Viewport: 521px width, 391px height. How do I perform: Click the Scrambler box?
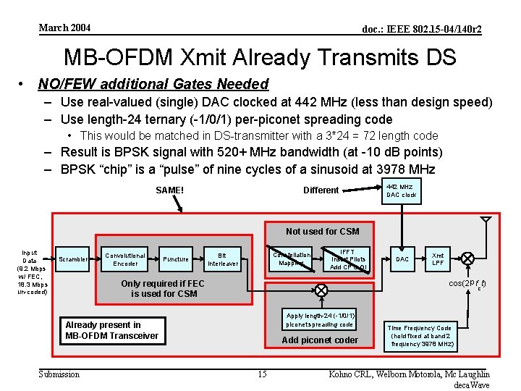73,259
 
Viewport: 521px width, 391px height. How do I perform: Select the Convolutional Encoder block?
125,259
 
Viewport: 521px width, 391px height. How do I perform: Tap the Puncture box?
176,259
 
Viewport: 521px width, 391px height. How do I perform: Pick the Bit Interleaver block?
222,259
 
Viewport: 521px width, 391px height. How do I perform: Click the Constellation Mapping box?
292,259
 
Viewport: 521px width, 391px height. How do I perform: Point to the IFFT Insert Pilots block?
347,258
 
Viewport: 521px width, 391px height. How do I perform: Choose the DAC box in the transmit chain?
402,259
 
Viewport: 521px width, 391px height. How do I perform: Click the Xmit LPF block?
438,259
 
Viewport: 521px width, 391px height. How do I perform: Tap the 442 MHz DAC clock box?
402,190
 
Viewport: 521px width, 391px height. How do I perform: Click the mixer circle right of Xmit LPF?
468,258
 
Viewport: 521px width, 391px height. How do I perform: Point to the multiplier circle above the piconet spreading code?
321,290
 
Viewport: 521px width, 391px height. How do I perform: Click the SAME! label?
170,190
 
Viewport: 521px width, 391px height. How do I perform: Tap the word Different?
321,190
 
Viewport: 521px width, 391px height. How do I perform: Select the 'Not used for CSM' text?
322,232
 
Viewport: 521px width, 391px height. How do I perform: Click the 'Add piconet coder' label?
320,340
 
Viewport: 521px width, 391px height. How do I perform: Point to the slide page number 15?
263,374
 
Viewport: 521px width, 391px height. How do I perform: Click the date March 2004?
65,28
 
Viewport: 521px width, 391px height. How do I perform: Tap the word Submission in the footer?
59,374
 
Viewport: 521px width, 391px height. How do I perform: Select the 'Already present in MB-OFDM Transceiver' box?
113,330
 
